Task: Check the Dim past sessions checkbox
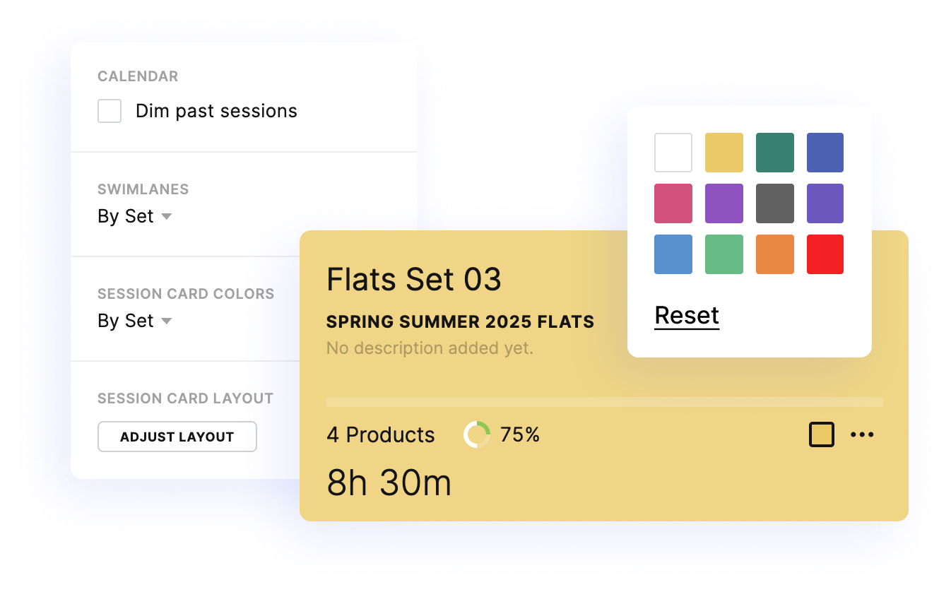pos(109,111)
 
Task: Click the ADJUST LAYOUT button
pos(177,437)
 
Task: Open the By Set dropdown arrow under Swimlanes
pos(167,216)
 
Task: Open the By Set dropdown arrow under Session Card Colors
pos(167,321)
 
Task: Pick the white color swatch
pos(673,153)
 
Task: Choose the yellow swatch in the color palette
pos(724,153)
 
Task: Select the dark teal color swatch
pos(775,153)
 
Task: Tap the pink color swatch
pos(673,203)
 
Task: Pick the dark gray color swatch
pos(775,203)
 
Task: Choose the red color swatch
pos(825,254)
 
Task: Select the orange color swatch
pos(775,254)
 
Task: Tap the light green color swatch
pos(724,254)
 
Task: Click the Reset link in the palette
pos(687,315)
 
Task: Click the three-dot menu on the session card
pos(862,434)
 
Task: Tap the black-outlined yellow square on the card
pos(822,434)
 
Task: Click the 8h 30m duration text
pos(389,483)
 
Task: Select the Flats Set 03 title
pos(413,279)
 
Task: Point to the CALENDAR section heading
pos(138,76)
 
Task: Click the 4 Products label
pos(380,434)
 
